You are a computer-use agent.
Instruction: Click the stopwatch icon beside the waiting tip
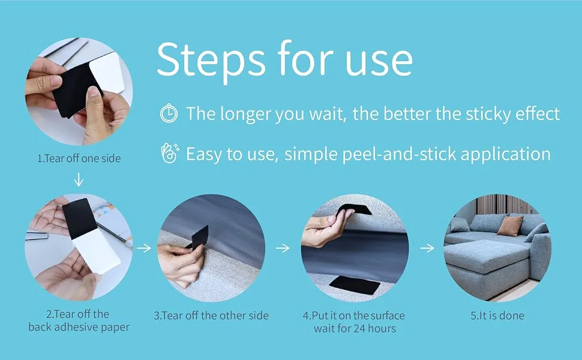(x=169, y=113)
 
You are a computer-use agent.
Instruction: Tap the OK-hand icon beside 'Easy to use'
(x=170, y=153)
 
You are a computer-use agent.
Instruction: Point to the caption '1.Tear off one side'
(x=79, y=158)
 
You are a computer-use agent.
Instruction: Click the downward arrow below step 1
(x=79, y=179)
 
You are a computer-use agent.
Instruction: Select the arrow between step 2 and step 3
(x=144, y=248)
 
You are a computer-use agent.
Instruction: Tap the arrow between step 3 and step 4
(x=283, y=248)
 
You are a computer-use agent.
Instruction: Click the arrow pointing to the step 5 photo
(x=427, y=248)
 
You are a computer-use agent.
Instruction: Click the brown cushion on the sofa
(x=510, y=226)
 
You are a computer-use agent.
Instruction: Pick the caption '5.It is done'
(x=497, y=316)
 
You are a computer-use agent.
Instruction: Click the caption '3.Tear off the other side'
(x=211, y=316)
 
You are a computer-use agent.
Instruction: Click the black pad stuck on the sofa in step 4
(x=355, y=285)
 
